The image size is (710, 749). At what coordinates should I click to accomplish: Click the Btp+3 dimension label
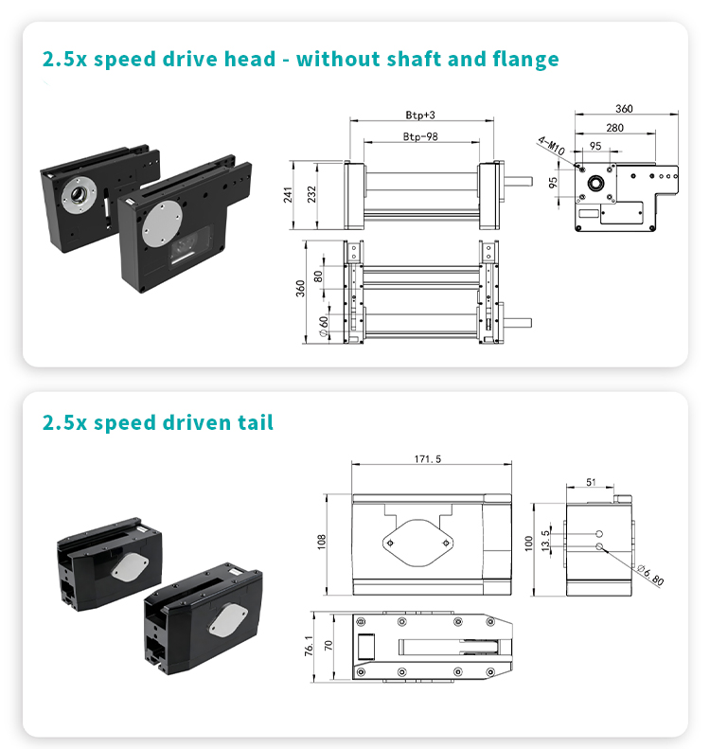click(420, 116)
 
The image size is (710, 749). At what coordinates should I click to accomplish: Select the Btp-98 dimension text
click(420, 136)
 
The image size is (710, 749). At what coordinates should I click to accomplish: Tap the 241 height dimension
click(288, 195)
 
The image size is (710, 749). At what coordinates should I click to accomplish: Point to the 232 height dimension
click(311, 194)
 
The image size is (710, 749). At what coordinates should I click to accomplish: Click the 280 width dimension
click(615, 128)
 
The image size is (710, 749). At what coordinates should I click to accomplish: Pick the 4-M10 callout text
click(551, 146)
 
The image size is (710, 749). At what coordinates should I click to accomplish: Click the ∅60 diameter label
click(324, 327)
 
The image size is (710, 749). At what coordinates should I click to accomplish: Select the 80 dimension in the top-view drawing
click(318, 276)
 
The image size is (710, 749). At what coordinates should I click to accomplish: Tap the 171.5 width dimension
click(428, 459)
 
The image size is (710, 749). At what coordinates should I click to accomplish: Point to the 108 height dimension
click(321, 542)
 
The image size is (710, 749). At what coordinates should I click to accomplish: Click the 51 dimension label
click(591, 483)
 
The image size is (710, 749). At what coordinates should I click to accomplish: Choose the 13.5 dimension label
click(545, 541)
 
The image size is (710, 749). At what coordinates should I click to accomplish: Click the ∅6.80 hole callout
click(650, 575)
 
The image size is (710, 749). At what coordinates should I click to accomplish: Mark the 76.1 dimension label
click(309, 646)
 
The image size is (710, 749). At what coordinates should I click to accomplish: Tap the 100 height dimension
click(528, 544)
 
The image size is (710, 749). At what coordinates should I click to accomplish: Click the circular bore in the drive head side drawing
click(595, 183)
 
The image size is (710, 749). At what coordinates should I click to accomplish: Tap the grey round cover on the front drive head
click(162, 223)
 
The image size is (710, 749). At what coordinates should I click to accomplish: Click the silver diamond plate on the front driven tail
click(228, 619)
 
